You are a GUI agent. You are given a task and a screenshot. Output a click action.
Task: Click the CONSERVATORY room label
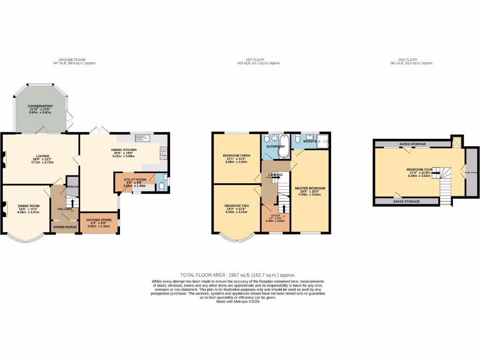pos(40,106)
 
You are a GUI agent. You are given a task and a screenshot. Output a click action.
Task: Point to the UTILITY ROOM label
pos(135,180)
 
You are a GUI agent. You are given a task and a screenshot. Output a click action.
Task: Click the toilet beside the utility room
pos(161,186)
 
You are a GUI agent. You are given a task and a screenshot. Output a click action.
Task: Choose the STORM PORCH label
pos(65,227)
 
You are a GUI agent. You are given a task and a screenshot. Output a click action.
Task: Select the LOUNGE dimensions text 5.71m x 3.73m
pos(40,162)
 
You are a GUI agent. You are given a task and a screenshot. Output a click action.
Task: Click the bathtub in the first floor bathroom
pos(283,141)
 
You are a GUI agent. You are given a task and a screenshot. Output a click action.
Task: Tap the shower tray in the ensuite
pos(323,141)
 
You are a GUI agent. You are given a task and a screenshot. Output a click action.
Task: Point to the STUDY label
pos(275,215)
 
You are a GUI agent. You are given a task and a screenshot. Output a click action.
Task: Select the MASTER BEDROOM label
pos(310,188)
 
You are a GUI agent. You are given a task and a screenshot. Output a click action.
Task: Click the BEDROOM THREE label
pos(236,155)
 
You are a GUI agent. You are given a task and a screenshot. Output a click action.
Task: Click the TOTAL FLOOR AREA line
pos(238,275)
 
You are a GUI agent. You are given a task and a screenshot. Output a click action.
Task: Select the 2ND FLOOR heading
pos(407,60)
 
